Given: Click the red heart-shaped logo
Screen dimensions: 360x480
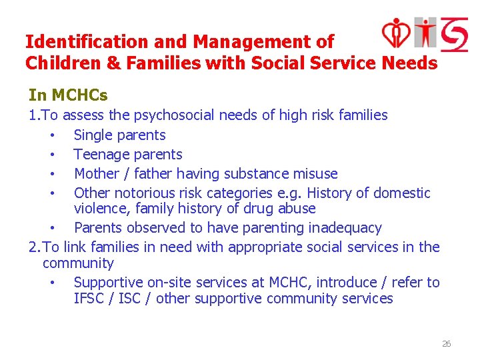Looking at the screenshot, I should pos(397,33).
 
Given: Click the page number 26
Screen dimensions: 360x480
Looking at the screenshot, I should pos(446,344).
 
